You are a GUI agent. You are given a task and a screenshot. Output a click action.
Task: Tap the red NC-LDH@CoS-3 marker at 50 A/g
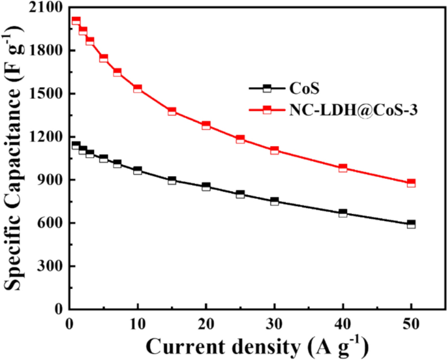coord(411,183)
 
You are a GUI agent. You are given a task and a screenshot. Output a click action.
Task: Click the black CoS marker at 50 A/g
coord(411,224)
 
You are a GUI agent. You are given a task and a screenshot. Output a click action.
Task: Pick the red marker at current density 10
coord(138,88)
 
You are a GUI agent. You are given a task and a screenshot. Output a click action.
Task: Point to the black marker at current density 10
coord(138,170)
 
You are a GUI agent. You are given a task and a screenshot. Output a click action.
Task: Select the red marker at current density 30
coord(275,150)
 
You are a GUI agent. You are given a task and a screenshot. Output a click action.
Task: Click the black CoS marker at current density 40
coord(343,213)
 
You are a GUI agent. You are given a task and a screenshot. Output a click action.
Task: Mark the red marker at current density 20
coord(206,125)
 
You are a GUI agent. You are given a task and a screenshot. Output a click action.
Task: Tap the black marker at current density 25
coord(240,194)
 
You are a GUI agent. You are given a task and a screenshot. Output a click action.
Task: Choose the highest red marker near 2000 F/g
coord(76,21)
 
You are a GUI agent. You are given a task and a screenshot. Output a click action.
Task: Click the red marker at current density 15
coord(172,112)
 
